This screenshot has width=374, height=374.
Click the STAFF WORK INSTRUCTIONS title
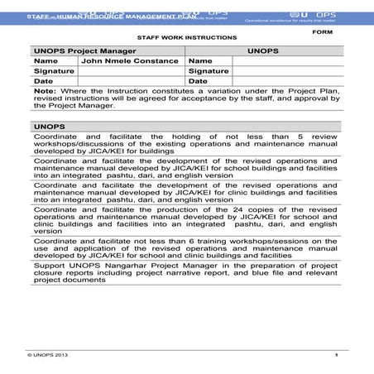186,38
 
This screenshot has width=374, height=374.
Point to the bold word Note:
44,91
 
